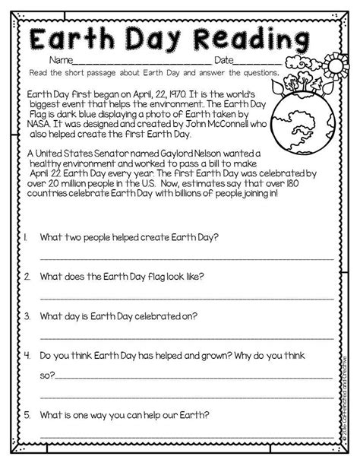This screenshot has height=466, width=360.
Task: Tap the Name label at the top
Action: pos(62,59)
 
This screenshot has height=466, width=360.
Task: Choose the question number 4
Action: pos(27,353)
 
